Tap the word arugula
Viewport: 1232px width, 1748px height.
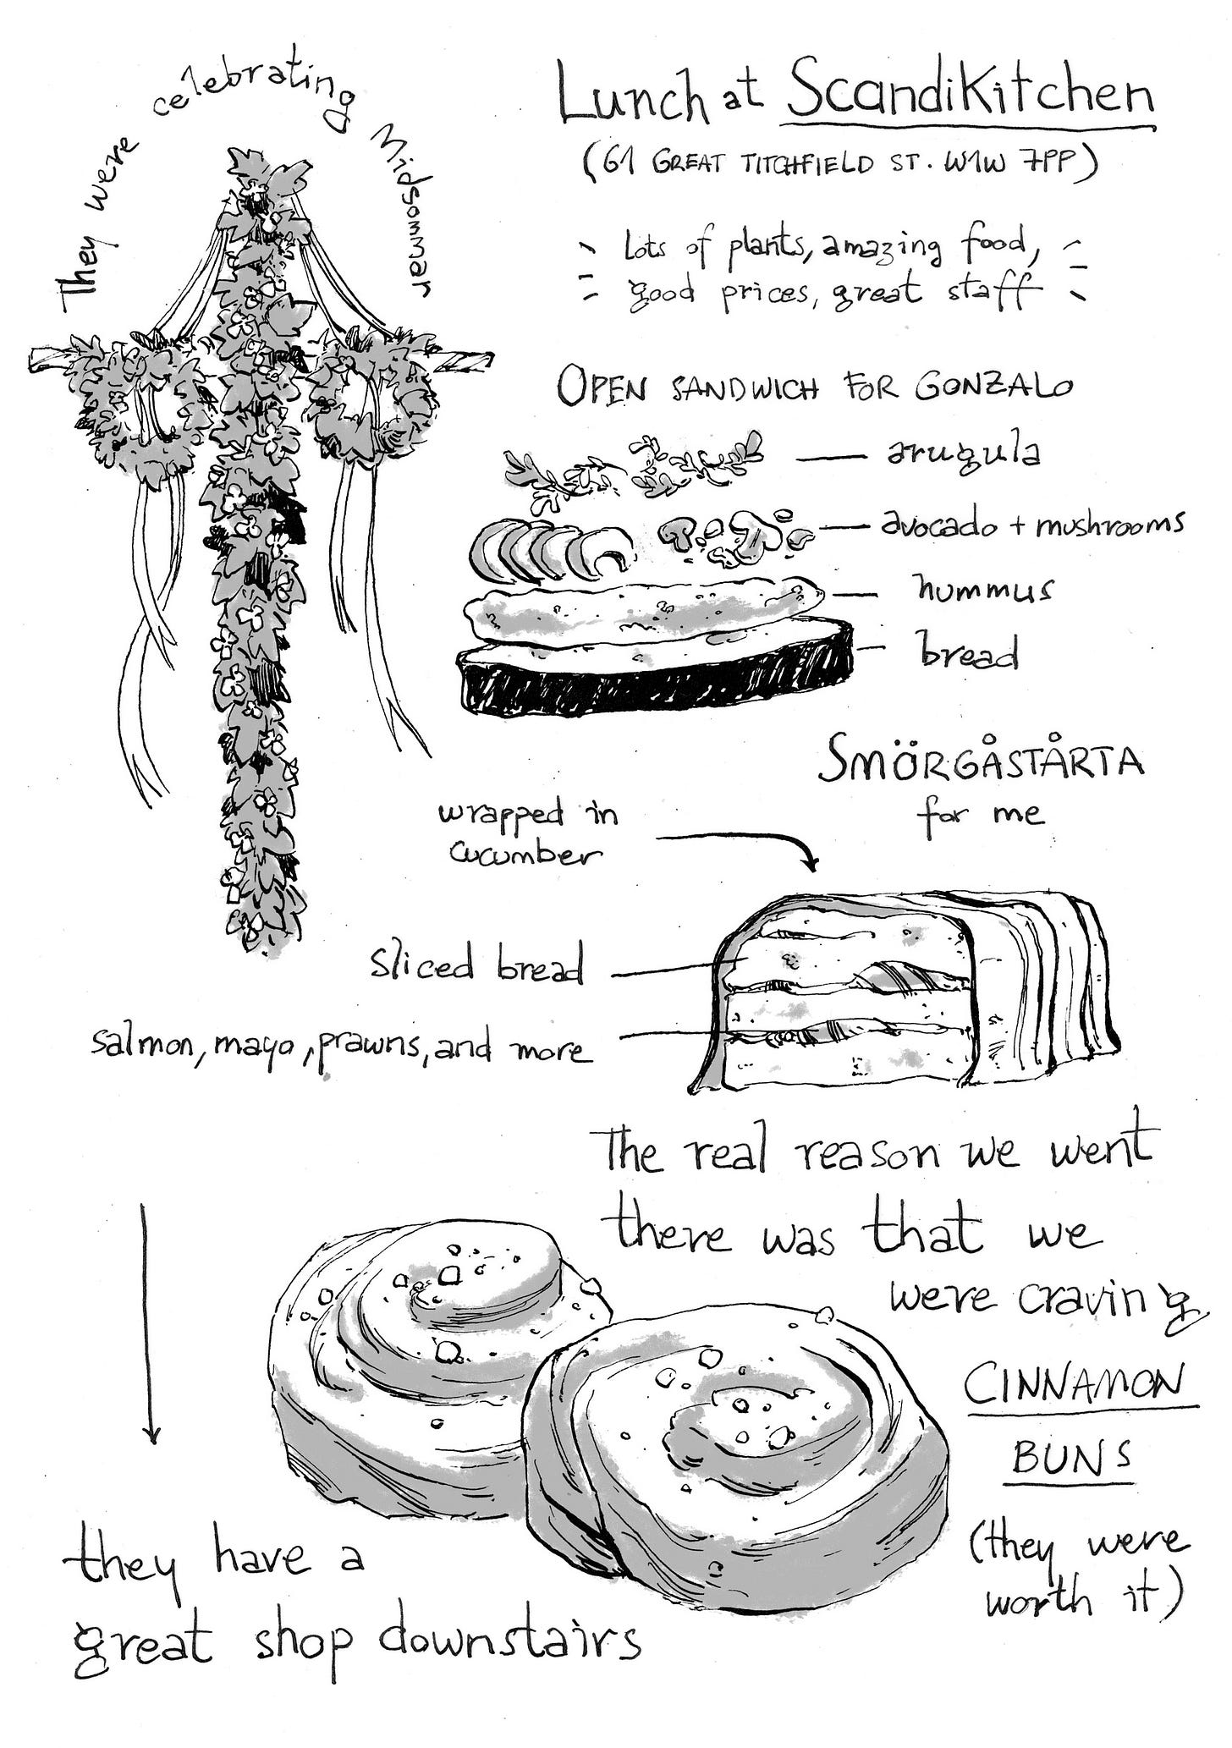[963, 455]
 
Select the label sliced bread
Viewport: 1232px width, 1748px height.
[477, 965]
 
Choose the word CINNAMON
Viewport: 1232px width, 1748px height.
[1081, 1385]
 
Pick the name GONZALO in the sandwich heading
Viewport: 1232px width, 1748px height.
[995, 385]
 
